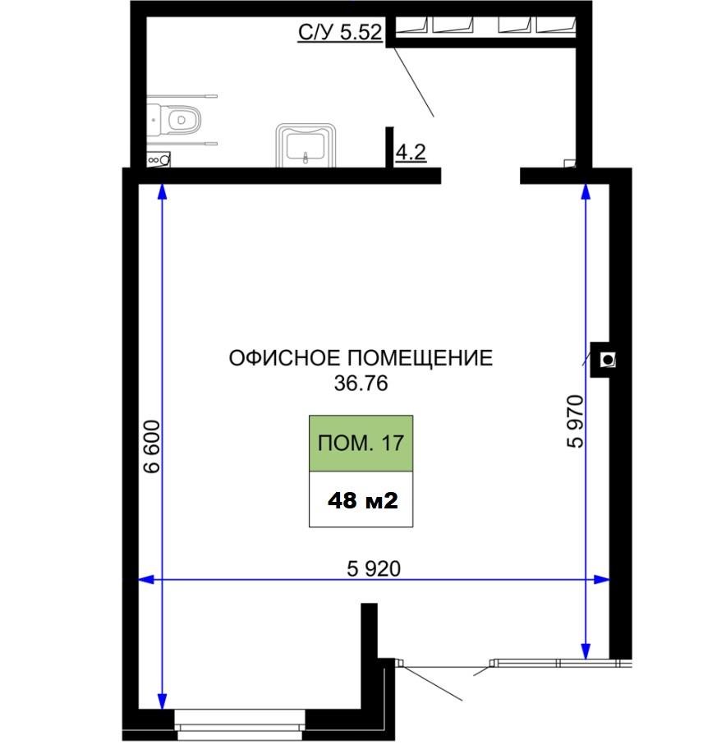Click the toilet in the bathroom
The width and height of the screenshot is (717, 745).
tap(176, 121)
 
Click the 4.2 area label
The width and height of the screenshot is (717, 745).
tap(410, 153)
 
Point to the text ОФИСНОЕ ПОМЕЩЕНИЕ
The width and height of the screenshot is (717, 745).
tap(360, 358)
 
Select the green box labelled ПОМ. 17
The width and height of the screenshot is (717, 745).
tap(361, 444)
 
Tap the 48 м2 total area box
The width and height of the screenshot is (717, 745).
tap(361, 500)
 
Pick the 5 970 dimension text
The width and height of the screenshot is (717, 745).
tap(575, 421)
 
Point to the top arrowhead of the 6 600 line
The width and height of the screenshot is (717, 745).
tap(162, 192)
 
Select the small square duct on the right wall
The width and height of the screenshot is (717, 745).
tap(607, 359)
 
